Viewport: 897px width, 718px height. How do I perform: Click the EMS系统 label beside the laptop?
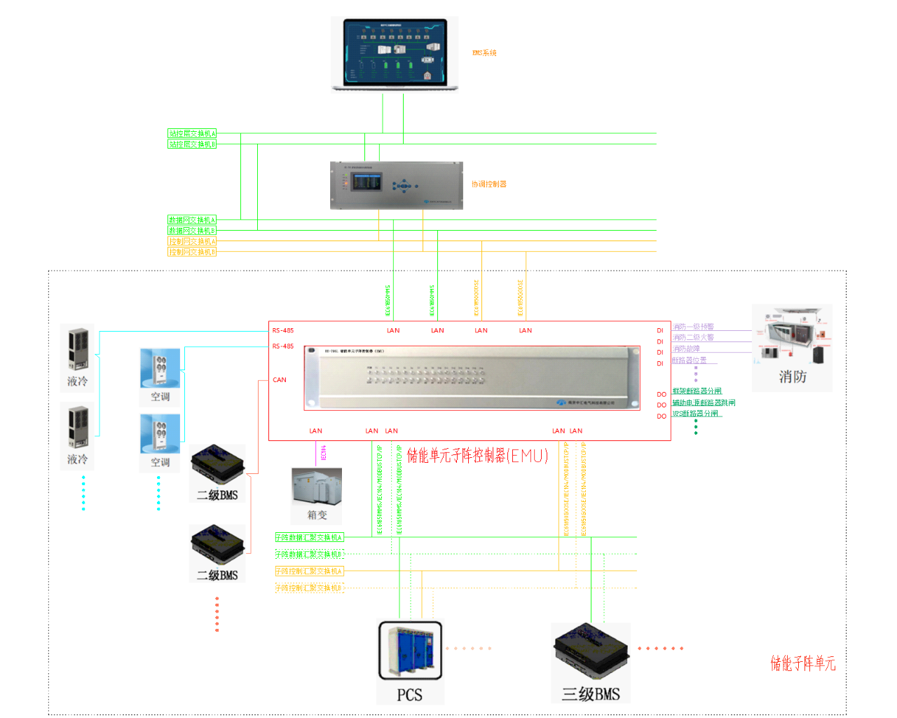[x=484, y=53]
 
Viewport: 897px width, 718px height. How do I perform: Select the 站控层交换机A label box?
[x=192, y=133]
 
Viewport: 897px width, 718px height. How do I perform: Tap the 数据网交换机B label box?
[x=192, y=230]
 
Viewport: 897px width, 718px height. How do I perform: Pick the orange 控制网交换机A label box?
[x=192, y=241]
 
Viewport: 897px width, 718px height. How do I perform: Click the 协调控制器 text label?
[x=489, y=184]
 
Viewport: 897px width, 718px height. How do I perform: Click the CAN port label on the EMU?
[x=280, y=380]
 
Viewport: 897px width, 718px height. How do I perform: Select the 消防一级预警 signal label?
[x=693, y=327]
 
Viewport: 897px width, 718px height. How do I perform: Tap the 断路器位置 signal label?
[x=690, y=360]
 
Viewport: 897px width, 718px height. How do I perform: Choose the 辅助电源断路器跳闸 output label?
[x=704, y=402]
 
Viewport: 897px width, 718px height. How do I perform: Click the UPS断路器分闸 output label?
[x=695, y=414]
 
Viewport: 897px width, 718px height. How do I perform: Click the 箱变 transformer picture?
[x=317, y=488]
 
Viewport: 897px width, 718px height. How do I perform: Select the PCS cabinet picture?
[x=411, y=651]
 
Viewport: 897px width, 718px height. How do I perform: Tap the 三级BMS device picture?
[x=590, y=652]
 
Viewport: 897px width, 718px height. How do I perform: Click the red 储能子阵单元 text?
[x=803, y=663]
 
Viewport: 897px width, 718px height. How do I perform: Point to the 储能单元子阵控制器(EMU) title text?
[x=478, y=456]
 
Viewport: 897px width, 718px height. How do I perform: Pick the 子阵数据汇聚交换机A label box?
[x=309, y=538]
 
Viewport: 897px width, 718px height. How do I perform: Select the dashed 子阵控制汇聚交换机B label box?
[x=309, y=588]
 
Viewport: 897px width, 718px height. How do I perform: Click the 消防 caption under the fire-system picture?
[x=793, y=377]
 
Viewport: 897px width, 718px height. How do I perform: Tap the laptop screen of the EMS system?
[x=395, y=52]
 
